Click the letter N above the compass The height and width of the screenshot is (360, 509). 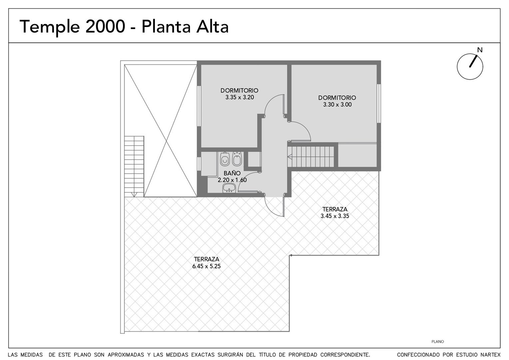tap(480, 50)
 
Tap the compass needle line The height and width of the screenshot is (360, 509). tap(473, 61)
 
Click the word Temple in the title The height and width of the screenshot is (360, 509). tap(50, 27)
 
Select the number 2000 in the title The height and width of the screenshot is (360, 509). tap(105, 27)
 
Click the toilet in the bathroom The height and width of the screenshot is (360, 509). tap(225, 159)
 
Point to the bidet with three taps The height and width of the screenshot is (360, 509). tap(237, 159)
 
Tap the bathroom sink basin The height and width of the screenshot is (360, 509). tap(229, 188)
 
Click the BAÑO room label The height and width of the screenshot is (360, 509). tap(232, 173)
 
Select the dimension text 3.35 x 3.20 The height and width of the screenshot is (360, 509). tap(240, 97)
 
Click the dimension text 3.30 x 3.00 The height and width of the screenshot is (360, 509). tap(337, 105)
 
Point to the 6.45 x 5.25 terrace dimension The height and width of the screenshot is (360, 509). tap(206, 266)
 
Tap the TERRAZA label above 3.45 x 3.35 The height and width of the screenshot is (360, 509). tap(335, 209)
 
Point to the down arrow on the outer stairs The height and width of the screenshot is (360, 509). tap(134, 194)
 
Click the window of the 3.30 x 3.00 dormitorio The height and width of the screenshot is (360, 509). tap(379, 103)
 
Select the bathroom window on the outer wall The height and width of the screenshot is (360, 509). tap(199, 164)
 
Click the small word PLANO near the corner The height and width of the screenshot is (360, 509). tap(437, 341)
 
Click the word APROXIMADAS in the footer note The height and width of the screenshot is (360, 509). tap(126, 355)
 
